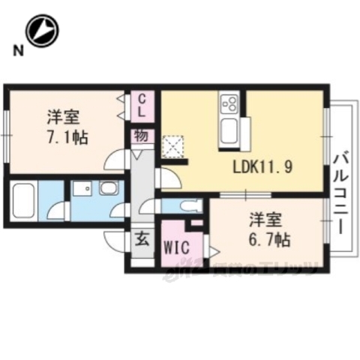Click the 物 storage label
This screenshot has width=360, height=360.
(x=141, y=136)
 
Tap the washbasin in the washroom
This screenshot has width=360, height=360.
(x=108, y=189)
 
